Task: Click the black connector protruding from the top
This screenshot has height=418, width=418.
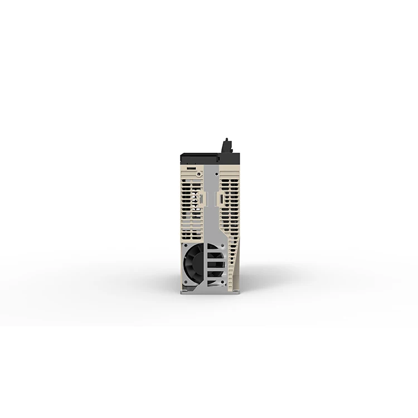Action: click(226, 147)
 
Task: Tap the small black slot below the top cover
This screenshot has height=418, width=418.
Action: click(191, 167)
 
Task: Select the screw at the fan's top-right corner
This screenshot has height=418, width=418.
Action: click(207, 245)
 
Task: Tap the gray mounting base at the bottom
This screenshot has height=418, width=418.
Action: click(209, 290)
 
